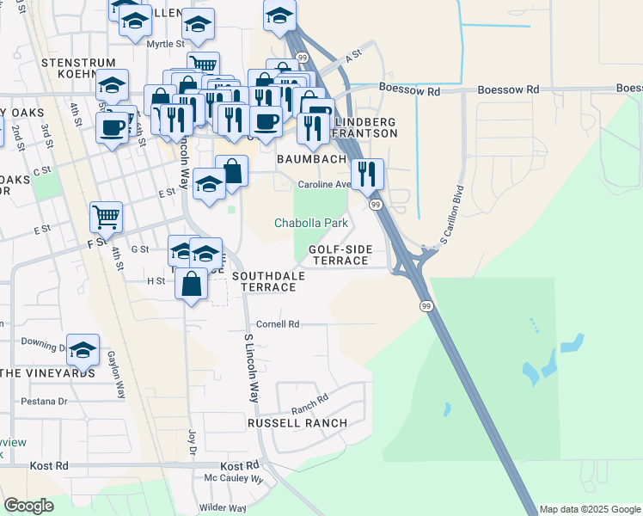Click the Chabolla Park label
(310, 223)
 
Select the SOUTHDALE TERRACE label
(264, 281)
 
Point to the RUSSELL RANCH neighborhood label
(297, 423)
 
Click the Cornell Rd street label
(277, 324)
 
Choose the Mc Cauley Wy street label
(234, 477)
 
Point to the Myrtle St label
(165, 43)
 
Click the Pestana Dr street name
(44, 401)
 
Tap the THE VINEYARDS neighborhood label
(47, 373)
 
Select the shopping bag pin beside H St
(191, 283)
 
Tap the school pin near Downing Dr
(83, 349)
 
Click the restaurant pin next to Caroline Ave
(368, 174)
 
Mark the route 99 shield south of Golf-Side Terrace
(426, 305)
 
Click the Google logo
(28, 506)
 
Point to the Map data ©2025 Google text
(590, 509)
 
